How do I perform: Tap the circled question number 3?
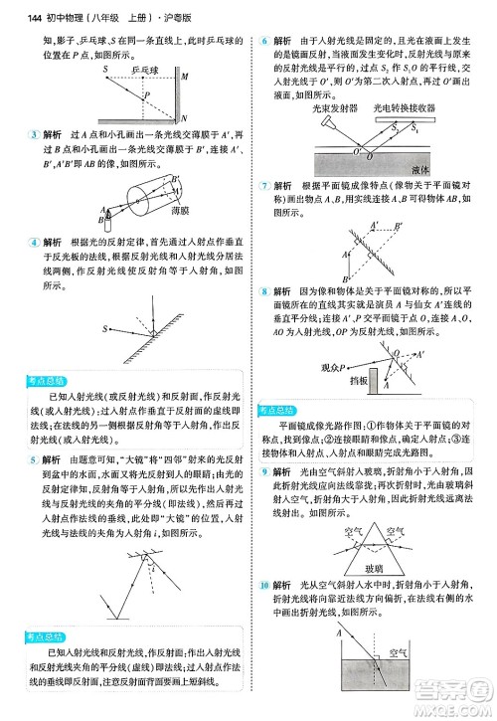coord(35,133)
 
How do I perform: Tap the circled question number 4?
coord(35,242)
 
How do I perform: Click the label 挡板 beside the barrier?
coord(359,381)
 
